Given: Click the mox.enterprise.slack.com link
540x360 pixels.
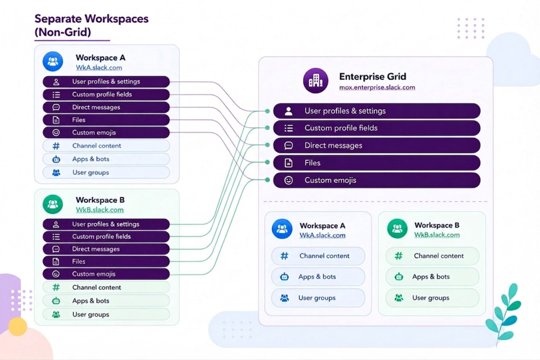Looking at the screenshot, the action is pos(377,88).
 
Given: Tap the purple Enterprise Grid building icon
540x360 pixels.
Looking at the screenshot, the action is pos(316,81).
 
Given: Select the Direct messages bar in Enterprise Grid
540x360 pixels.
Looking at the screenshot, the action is pos(377,145).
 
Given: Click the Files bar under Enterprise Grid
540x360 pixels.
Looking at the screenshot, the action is pos(377,163).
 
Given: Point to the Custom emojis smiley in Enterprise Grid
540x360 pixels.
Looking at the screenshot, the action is pos(289,180).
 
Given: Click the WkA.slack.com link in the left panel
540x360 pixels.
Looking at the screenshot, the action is pos(99,68).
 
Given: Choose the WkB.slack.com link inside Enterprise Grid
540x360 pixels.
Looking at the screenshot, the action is pos(437,235).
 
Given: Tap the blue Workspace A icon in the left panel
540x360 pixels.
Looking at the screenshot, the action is pos(53,61).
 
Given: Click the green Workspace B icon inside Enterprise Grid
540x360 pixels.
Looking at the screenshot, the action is pos(397,229).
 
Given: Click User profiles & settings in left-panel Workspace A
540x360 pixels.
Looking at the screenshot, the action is pos(106,82).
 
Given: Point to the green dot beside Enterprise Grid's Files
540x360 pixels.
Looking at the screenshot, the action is pos(267,162).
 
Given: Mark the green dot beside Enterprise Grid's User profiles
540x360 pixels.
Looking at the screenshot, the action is pos(267,111).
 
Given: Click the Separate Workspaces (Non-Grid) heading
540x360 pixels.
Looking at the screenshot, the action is pos(91,25).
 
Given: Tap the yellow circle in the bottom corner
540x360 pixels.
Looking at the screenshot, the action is pos(17,326).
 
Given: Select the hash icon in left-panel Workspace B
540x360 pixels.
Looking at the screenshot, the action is pos(56,287).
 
